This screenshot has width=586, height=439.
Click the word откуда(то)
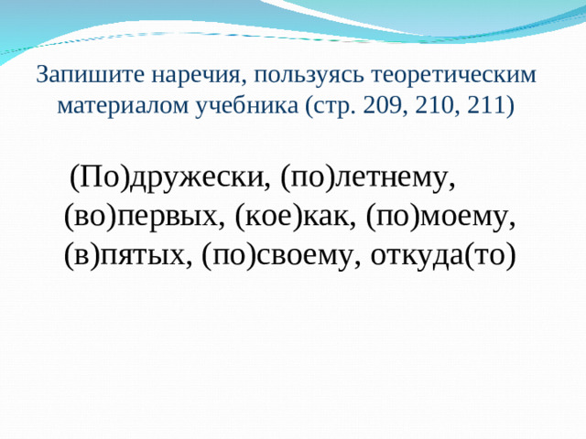pos(444,255)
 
